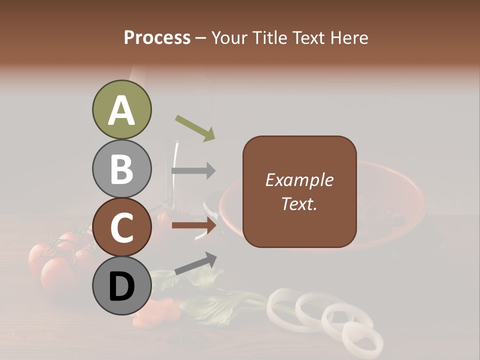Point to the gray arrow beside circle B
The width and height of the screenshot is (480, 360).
194,170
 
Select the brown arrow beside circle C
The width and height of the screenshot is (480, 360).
194,225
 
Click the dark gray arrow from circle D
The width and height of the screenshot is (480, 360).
195,263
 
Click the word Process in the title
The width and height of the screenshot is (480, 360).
157,37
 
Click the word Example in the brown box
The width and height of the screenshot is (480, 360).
299,180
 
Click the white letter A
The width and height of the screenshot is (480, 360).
122,111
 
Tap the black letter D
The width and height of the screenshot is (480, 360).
122,287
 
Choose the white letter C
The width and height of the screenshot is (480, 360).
122,228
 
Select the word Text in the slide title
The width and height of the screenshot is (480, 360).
307,37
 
